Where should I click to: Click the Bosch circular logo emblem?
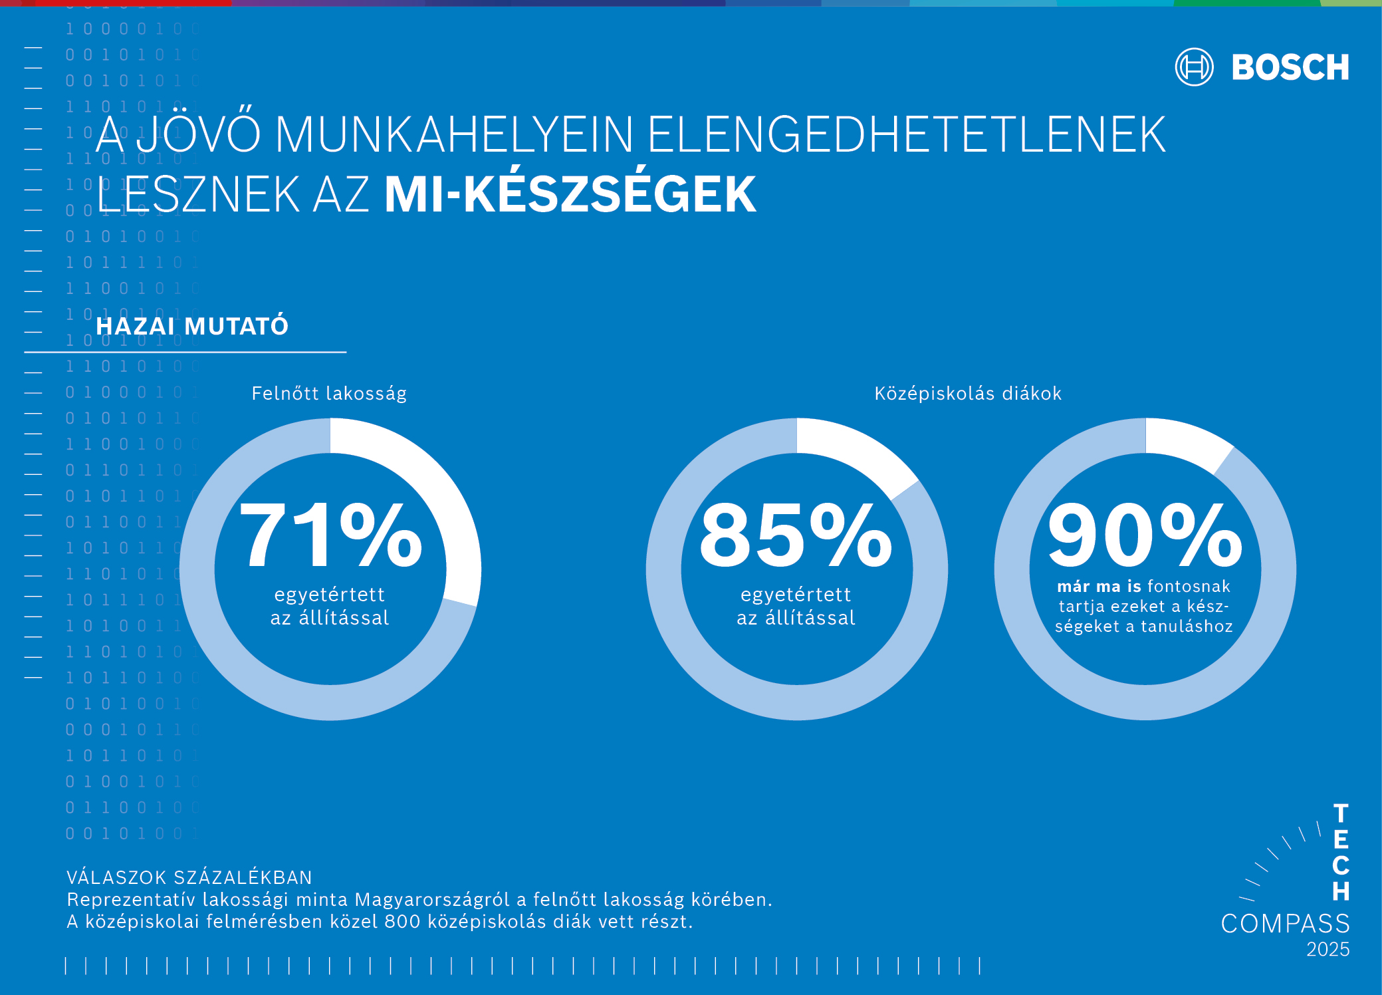[x=1194, y=67]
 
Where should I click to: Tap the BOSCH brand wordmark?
[x=1290, y=68]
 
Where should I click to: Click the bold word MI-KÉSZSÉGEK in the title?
[x=570, y=195]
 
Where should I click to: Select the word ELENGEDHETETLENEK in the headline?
[x=906, y=135]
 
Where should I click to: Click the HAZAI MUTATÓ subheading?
[x=192, y=327]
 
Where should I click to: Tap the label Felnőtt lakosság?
[x=329, y=394]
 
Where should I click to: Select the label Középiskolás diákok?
[x=968, y=394]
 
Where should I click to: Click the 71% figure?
[x=330, y=535]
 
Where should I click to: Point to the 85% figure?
[x=796, y=535]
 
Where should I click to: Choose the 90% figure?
[x=1145, y=535]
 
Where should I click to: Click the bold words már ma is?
[x=1099, y=587]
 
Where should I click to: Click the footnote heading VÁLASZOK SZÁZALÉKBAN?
[x=189, y=877]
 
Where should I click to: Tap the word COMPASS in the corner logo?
[x=1285, y=923]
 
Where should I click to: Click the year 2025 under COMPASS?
[x=1327, y=949]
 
